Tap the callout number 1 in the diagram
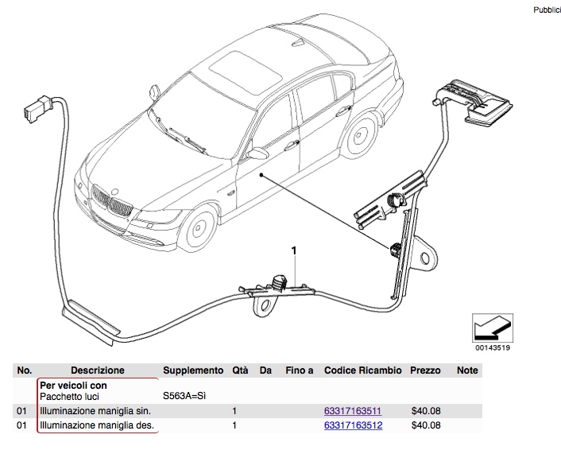point(294,251)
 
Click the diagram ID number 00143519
point(493,347)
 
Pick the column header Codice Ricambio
point(364,370)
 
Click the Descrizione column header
point(98,370)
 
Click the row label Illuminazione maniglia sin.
point(95,412)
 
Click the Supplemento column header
point(193,370)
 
